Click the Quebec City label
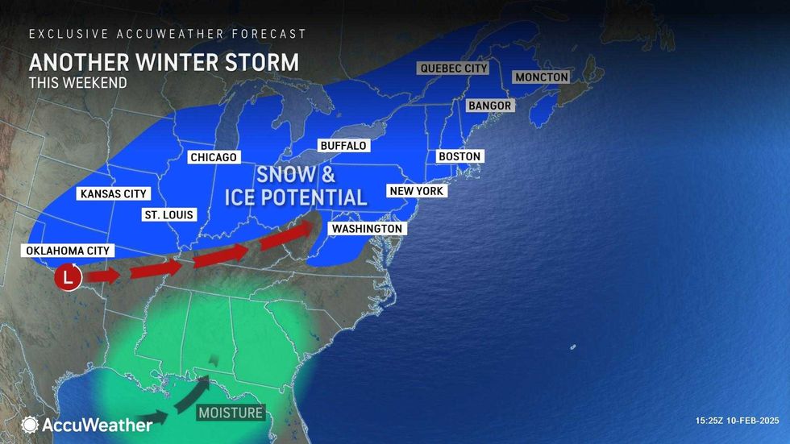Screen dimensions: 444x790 click(454, 68)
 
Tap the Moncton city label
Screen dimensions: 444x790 click(542, 77)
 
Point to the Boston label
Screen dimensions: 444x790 click(459, 156)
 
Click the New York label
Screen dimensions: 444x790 click(417, 191)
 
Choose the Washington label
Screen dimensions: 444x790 click(367, 229)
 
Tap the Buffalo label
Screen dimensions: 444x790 click(343, 146)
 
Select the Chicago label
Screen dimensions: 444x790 click(213, 158)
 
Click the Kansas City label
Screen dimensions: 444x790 click(113, 194)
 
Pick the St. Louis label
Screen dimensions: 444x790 click(168, 215)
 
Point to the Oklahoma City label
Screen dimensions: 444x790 click(68, 251)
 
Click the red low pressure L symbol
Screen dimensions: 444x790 click(69, 279)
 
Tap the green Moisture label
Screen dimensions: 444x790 click(231, 413)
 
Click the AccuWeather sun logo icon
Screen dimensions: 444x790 click(31, 425)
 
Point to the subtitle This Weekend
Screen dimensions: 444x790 click(77, 82)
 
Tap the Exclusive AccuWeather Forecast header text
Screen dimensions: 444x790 click(168, 34)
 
